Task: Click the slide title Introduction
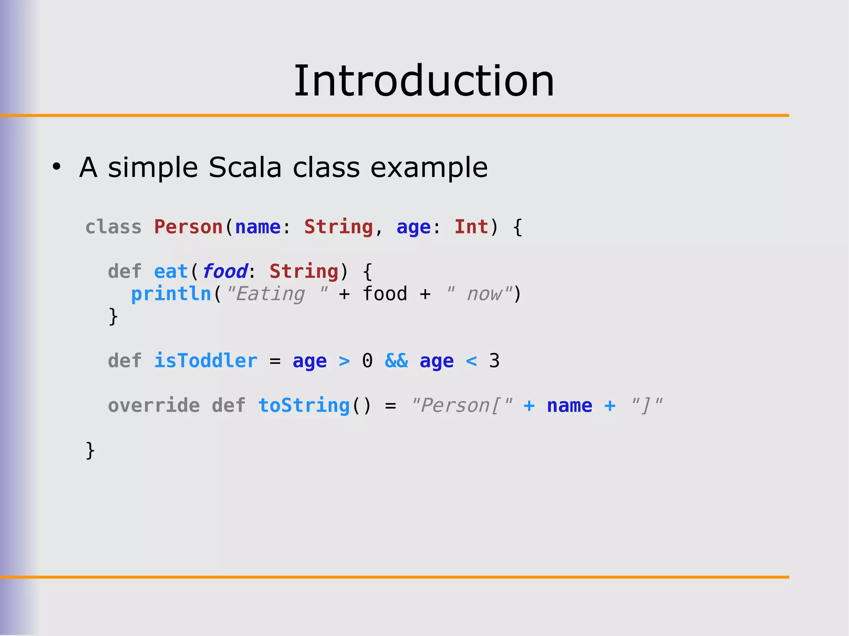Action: click(x=424, y=81)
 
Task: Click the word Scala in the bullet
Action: click(x=245, y=167)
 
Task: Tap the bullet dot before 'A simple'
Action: click(x=56, y=167)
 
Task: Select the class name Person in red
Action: click(x=188, y=227)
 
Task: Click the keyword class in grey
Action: click(x=113, y=227)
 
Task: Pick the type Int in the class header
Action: click(x=471, y=227)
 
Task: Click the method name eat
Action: click(x=171, y=272)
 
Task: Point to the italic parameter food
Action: click(x=225, y=272)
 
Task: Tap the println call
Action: click(x=171, y=294)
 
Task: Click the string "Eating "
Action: click(x=277, y=294)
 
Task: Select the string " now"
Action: click(x=479, y=294)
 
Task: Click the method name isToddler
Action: click(x=206, y=360)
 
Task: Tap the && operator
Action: click(x=396, y=360)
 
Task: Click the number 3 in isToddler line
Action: click(x=494, y=360)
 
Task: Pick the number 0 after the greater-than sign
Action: click(x=367, y=360)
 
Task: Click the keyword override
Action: click(x=154, y=405)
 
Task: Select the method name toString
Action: click(x=304, y=405)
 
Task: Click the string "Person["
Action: click(x=461, y=405)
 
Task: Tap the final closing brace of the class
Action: click(x=90, y=450)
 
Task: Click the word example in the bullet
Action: click(x=429, y=167)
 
